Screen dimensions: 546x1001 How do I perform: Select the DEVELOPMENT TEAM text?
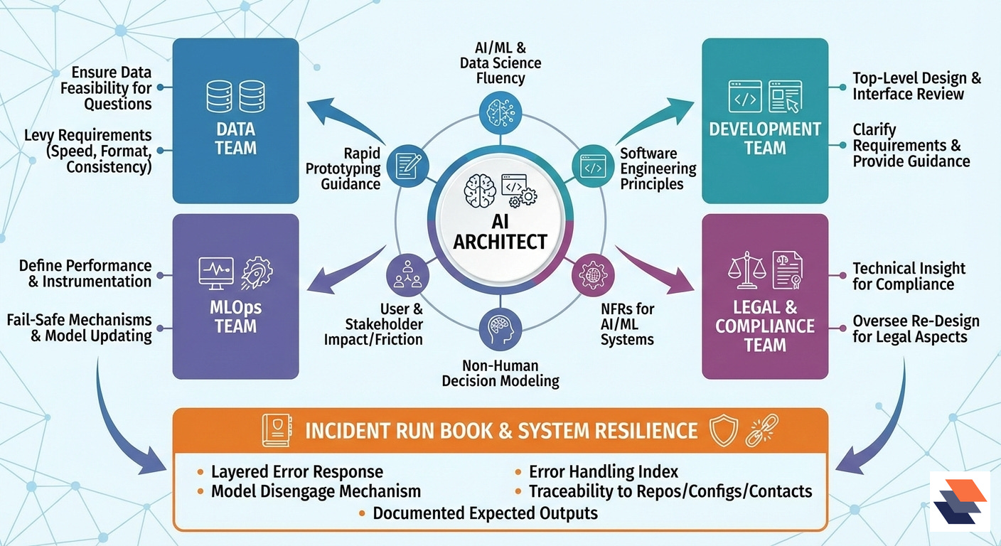[765, 139]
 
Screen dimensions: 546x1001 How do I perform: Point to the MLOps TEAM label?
[235, 318]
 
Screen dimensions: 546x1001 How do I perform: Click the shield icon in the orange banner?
[724, 430]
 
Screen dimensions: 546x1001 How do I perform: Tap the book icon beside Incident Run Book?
[276, 430]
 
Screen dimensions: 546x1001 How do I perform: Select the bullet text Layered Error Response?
[297, 471]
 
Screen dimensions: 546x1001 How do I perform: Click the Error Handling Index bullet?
[604, 471]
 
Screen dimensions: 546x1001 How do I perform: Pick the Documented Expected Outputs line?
[485, 513]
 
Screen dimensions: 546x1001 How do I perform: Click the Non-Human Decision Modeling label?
[500, 373]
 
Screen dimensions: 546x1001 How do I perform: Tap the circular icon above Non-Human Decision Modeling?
[500, 329]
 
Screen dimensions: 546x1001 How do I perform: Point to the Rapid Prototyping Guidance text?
[343, 168]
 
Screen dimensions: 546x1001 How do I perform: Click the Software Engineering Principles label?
[658, 168]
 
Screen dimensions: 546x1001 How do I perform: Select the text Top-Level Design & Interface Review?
[916, 86]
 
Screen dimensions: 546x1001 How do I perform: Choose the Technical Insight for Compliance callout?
[909, 276]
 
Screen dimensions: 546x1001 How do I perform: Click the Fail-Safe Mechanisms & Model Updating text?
[80, 328]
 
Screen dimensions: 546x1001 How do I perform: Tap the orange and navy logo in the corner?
[960, 501]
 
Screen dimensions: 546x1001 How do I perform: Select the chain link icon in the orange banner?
[761, 430]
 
